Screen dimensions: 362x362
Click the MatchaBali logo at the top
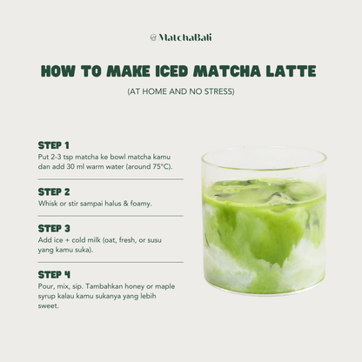180,37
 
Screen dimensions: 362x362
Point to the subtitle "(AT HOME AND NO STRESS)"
180,90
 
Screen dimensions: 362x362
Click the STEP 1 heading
54,144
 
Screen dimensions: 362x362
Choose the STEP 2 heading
54,191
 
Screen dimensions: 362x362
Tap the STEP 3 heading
54,228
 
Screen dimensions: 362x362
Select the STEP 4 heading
54,274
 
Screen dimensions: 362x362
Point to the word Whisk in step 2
48,204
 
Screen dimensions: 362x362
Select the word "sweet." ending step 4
50,306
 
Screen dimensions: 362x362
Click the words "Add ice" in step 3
51,239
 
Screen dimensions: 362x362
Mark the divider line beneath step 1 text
110,178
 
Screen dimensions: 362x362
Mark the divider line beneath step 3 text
110,261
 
